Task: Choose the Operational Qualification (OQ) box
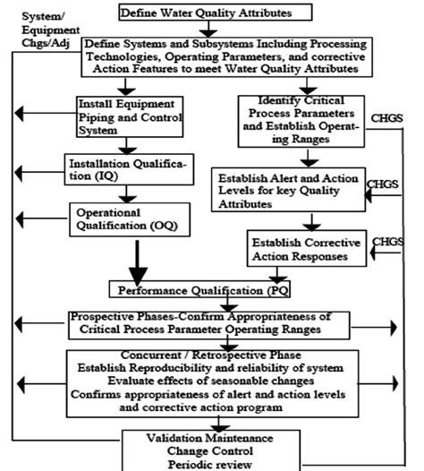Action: (x=131, y=220)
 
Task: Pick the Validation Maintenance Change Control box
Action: (x=211, y=450)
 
